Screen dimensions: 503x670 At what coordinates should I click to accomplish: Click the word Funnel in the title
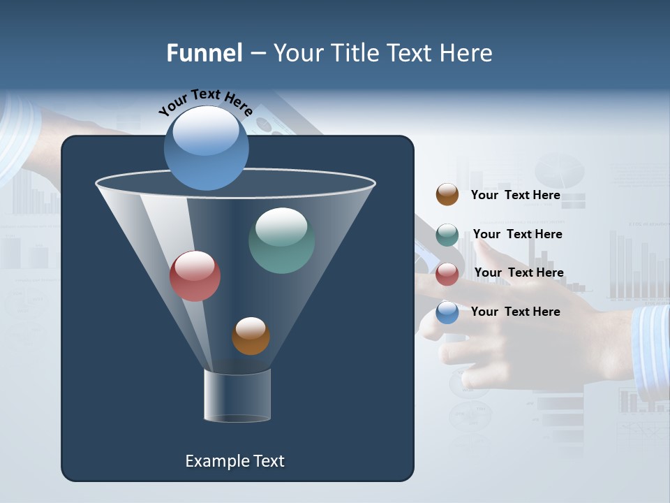pos(204,53)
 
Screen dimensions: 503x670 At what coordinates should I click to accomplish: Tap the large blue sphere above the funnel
pos(207,148)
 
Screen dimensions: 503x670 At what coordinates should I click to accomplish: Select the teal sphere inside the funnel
pos(281,240)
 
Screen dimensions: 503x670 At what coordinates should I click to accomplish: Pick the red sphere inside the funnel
pos(195,276)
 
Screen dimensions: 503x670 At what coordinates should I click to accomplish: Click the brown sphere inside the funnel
pos(251,336)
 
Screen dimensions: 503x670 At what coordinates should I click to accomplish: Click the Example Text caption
pos(234,461)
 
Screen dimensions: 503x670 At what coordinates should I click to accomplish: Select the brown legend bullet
pos(447,195)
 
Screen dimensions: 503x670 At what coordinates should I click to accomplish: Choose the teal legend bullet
pos(447,235)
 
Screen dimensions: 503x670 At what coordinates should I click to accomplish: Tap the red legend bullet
pos(447,274)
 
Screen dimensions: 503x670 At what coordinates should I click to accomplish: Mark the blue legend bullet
pos(447,312)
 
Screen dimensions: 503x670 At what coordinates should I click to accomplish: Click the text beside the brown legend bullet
pos(516,196)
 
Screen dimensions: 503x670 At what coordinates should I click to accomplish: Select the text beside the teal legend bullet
pos(518,235)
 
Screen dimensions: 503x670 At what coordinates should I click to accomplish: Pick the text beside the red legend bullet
pos(519,273)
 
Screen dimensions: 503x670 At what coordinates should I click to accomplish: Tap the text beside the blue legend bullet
pos(516,312)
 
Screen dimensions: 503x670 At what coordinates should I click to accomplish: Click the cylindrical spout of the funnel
pos(237,395)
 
